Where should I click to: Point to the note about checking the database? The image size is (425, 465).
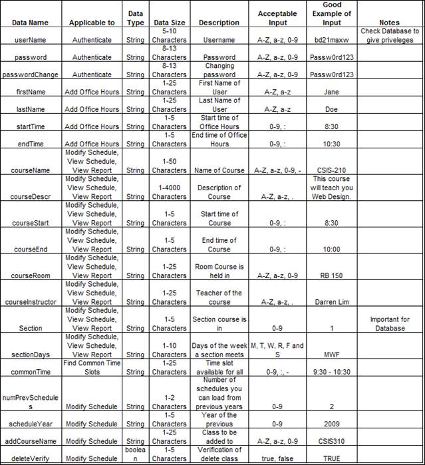click(389, 35)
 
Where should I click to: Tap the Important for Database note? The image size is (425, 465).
click(389, 323)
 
